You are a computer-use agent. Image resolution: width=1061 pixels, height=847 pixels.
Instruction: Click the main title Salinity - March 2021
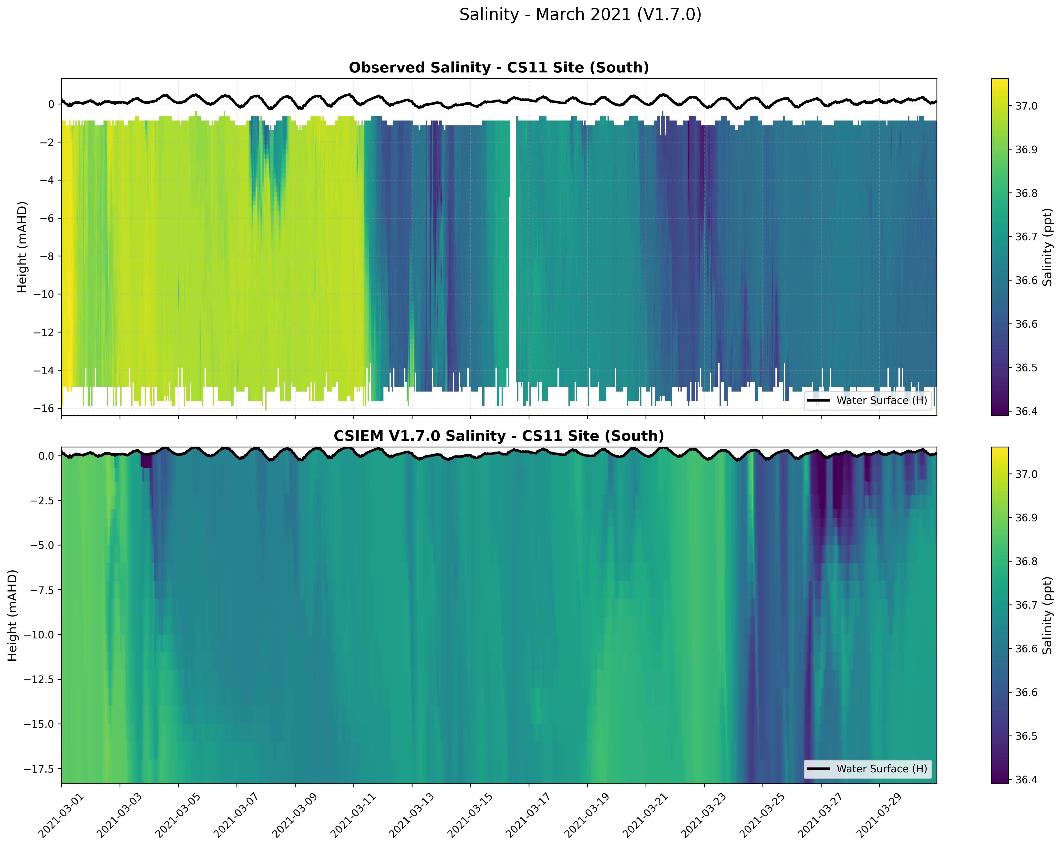pyautogui.click(x=580, y=15)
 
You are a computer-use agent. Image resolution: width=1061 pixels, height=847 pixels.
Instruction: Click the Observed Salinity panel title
pyautogui.click(x=498, y=68)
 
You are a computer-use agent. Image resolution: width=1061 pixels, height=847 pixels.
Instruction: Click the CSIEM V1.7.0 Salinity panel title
pyautogui.click(x=498, y=436)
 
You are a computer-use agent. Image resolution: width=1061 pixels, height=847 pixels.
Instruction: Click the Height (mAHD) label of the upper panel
pyautogui.click(x=22, y=247)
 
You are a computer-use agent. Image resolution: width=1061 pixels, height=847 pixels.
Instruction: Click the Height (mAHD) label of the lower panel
pyautogui.click(x=12, y=615)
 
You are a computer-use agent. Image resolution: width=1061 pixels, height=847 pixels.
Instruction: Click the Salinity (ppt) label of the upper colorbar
pyautogui.click(x=1047, y=247)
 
